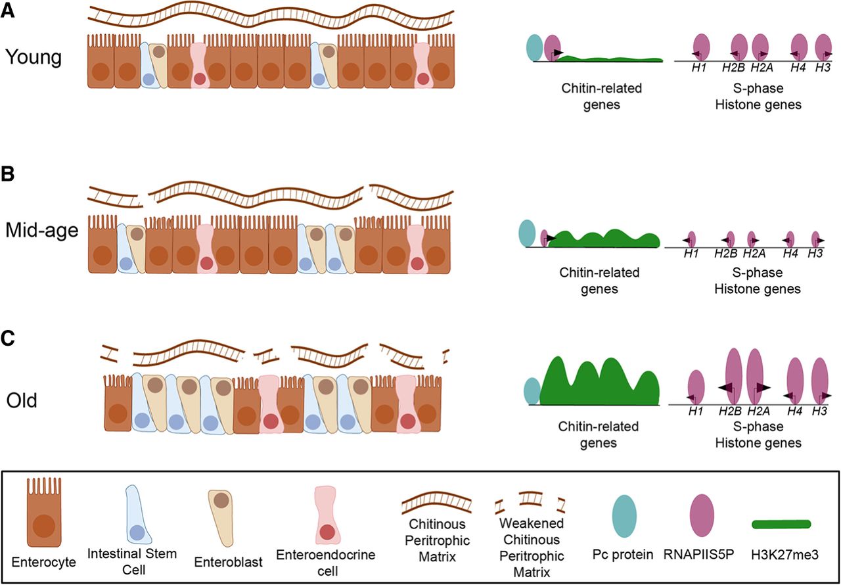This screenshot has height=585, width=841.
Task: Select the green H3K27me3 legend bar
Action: coord(781,524)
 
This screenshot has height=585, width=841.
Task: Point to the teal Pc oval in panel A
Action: coord(535,47)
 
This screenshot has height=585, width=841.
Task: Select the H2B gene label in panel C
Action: coord(727,411)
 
